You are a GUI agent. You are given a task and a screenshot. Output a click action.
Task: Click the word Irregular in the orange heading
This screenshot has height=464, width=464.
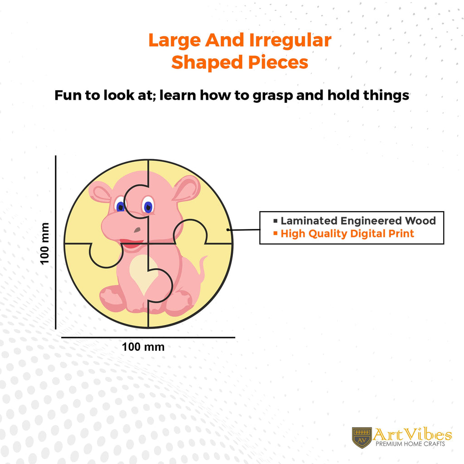pos(290,40)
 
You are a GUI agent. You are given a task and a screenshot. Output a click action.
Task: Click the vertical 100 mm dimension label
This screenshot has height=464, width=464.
pos(44,243)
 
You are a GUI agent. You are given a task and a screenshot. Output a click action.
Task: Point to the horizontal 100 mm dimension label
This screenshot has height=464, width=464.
pos(143,347)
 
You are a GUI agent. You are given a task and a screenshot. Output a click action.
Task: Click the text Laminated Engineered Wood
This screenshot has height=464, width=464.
pos(358,221)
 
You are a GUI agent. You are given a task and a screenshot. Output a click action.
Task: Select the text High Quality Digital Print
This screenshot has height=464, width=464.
pos(347,234)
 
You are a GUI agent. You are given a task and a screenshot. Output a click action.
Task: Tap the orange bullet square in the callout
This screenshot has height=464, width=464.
pos(275,233)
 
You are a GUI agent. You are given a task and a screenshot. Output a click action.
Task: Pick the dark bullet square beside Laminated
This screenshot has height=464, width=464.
pos(275,221)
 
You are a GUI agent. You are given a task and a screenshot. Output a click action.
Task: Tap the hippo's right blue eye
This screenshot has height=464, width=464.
pos(148,205)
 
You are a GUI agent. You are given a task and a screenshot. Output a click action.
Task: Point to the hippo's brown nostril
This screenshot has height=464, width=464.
pos(137,230)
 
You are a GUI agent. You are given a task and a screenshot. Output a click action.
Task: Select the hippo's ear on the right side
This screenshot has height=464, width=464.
pos(186,189)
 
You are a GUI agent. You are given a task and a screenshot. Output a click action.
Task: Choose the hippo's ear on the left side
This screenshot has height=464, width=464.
pos(100,192)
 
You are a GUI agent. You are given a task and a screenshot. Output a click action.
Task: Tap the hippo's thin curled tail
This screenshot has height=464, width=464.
pos(203,268)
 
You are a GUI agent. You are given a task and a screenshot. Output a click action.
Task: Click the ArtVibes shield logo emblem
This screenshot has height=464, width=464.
pos(362,438)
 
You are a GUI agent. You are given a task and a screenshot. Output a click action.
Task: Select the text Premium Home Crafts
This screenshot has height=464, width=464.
pos(410,444)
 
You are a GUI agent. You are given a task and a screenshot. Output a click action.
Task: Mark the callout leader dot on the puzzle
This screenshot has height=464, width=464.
pos(227,230)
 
